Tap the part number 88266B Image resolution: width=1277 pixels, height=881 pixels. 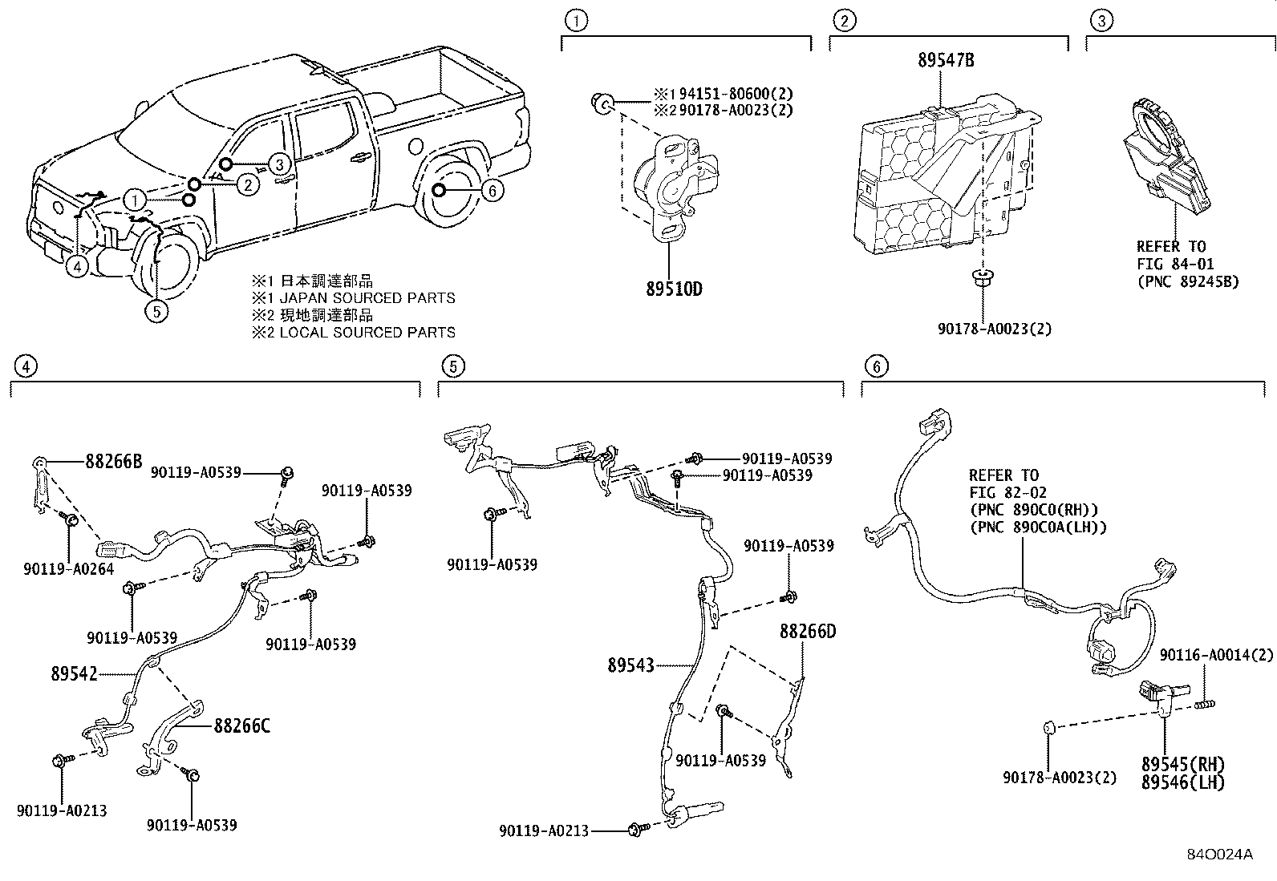click(114, 461)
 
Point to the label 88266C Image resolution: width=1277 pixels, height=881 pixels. click(241, 726)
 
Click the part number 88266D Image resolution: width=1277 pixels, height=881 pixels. click(807, 632)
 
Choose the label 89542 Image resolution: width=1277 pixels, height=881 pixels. click(71, 674)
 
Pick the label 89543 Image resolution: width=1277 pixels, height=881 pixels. click(630, 665)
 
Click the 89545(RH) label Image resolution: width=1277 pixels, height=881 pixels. click(1183, 764)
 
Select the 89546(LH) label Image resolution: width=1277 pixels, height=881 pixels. click(1182, 782)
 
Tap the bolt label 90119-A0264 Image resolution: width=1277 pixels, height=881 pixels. click(68, 569)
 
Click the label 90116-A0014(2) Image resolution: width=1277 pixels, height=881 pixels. click(1216, 655)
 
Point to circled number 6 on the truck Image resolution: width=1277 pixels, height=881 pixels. click(493, 190)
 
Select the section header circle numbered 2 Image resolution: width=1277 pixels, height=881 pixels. click(841, 20)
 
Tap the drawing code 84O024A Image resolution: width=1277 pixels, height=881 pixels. click(1219, 855)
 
